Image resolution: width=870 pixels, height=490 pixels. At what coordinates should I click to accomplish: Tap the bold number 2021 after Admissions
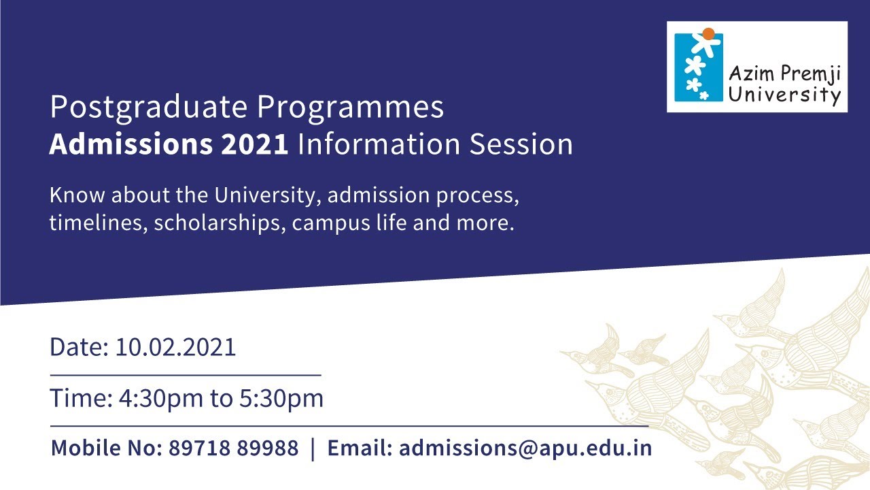[256, 145]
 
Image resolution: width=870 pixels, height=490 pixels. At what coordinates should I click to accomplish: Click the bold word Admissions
[131, 145]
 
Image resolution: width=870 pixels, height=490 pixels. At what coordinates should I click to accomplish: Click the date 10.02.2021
[175, 347]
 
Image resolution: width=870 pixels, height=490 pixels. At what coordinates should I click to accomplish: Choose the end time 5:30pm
[281, 398]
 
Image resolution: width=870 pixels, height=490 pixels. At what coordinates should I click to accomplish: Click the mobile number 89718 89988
[233, 448]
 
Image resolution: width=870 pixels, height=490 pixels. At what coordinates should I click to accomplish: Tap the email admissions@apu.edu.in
[525, 448]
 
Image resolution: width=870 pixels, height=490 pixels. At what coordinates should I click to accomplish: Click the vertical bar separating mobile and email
[313, 449]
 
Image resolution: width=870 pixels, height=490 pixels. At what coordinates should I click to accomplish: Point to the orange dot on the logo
[708, 33]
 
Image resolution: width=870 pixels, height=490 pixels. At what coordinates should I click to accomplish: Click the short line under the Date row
[185, 374]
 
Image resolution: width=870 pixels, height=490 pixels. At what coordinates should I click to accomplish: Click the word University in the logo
[784, 95]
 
